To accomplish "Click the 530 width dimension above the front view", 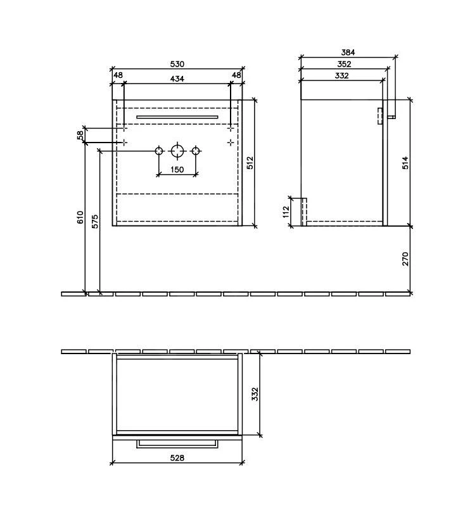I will pos(177,64).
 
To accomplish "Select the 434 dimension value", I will pos(177,78).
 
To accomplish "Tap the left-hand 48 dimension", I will pos(118,75).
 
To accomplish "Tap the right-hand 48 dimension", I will pos(236,75).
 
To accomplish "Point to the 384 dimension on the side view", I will pos(347,53).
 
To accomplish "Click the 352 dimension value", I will pos(344,64).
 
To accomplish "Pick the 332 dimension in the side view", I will pos(342,75).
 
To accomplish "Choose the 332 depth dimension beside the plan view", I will pos(255,394).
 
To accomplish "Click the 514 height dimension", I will pos(405,163).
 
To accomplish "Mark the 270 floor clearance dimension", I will pos(405,258).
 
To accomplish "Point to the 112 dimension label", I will pos(286,212).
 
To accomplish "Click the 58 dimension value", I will pos(80,135).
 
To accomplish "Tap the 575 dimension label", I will pos(95,222).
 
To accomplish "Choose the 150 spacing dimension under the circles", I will pos(177,170).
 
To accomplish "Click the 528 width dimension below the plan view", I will pos(177,458).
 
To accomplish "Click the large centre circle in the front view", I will pos(177,151).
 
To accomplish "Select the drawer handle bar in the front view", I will pos(177,117).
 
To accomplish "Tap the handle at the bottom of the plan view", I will pos(177,443).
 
